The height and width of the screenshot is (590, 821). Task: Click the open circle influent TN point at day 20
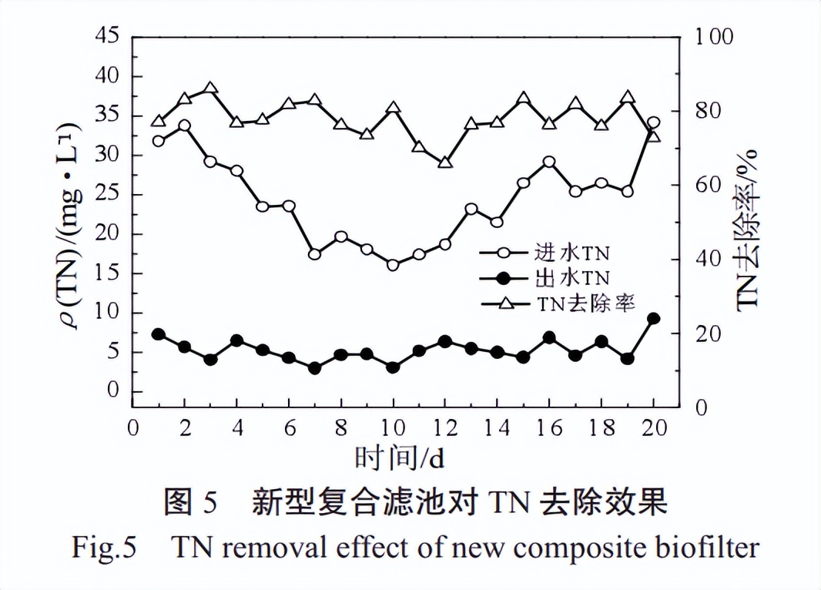653,123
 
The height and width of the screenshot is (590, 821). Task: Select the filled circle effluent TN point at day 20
653,319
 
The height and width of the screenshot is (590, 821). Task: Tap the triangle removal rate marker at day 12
444,163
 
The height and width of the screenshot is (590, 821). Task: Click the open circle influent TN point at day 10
393,265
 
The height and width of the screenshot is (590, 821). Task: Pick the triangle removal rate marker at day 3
210,89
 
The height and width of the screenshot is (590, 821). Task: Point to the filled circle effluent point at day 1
159,334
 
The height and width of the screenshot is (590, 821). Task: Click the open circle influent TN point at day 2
184,126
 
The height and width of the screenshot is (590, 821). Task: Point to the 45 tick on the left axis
107,35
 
